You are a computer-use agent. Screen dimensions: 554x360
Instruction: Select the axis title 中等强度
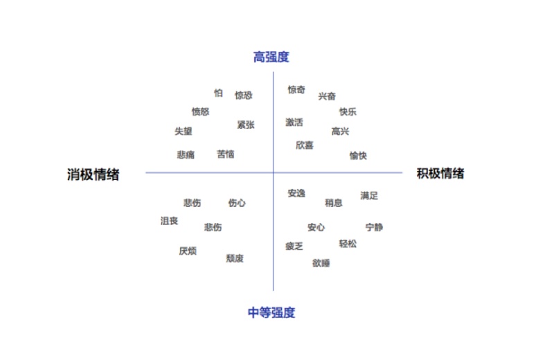pos(271,312)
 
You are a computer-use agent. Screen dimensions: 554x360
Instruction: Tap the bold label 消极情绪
pos(93,174)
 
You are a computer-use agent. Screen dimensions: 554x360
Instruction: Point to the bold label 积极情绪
pos(440,173)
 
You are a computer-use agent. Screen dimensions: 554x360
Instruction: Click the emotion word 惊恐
pos(244,96)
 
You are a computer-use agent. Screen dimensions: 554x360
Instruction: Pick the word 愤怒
pos(201,111)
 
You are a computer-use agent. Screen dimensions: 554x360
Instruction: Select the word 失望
pos(184,132)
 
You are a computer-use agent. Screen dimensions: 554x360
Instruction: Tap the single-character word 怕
pos(218,93)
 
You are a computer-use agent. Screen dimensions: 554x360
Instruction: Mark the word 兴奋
pos(327,96)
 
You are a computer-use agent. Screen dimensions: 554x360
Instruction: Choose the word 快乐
pos(348,112)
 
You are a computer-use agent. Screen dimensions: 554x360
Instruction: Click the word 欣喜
pos(305,145)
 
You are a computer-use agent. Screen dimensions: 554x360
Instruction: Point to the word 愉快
pos(358,156)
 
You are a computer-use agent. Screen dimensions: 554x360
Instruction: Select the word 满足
pos(369,196)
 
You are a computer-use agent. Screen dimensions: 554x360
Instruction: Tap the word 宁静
pos(374,227)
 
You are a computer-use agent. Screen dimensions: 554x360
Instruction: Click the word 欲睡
pos(321,263)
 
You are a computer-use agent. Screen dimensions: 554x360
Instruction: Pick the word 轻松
pos(348,244)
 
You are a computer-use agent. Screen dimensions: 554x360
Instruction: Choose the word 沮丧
pos(170,221)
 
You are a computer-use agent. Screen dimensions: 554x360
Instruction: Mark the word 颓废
pos(235,258)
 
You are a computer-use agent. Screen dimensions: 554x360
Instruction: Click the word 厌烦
pos(188,251)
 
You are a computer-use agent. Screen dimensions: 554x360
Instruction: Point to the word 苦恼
pos(226,154)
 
